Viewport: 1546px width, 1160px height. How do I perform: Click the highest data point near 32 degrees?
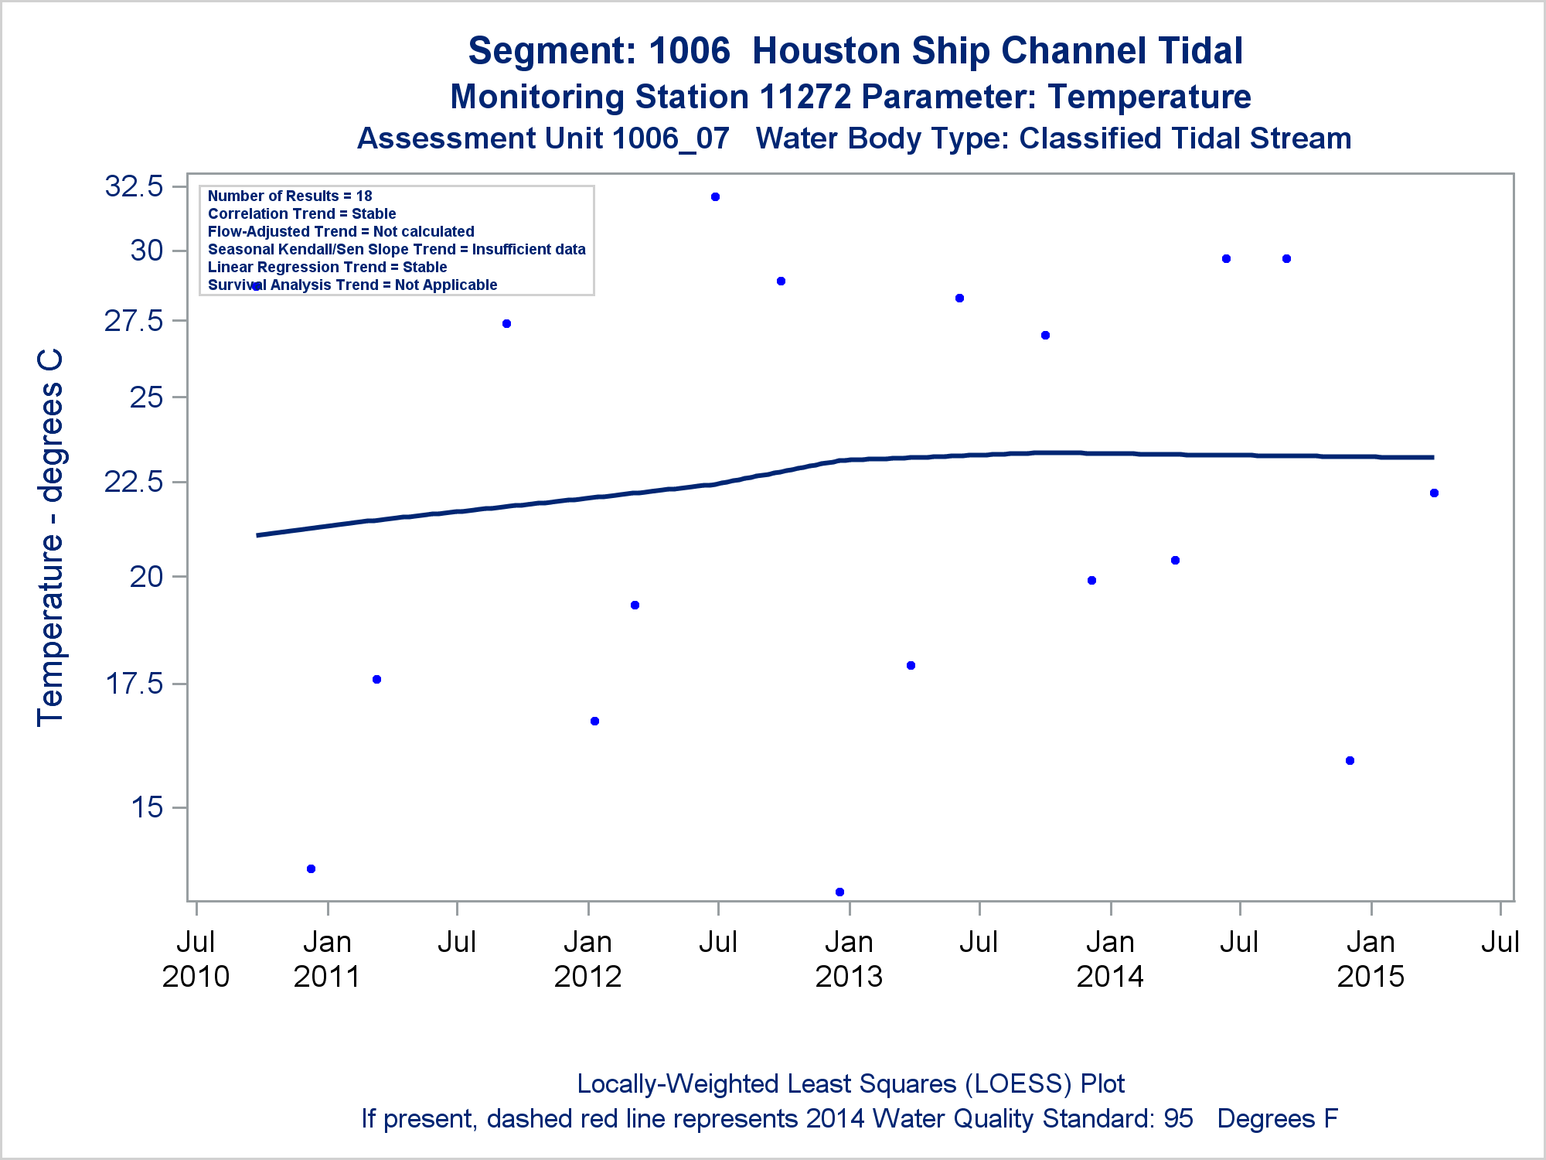[x=715, y=197]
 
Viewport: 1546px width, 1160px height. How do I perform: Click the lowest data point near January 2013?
[x=839, y=892]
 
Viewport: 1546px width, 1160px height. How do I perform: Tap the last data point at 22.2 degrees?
[x=1434, y=493]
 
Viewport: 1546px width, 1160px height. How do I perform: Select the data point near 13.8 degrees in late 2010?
[x=311, y=868]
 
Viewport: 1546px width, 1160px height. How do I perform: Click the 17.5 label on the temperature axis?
[x=135, y=684]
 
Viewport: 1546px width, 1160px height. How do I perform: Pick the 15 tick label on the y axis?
[x=147, y=807]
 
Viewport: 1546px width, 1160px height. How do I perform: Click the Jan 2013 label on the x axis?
[x=849, y=959]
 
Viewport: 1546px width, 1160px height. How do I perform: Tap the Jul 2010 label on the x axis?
[x=196, y=959]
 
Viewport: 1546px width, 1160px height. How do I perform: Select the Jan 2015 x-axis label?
[x=1371, y=959]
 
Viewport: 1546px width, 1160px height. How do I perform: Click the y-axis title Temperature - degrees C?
[x=51, y=537]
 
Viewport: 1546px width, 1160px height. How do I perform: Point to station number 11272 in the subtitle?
[x=805, y=97]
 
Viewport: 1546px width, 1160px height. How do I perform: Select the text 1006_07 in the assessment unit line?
[x=670, y=138]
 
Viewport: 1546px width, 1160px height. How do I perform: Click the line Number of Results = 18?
[x=290, y=196]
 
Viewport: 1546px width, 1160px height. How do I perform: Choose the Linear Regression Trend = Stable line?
[x=327, y=267]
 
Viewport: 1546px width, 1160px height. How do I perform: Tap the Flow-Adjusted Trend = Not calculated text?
[x=341, y=231]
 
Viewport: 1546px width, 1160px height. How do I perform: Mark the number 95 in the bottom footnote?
[x=1178, y=1119]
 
